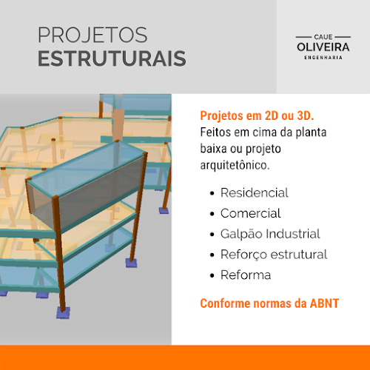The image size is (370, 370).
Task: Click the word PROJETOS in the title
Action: pyautogui.click(x=92, y=35)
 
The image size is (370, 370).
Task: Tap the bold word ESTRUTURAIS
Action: pyautogui.click(x=112, y=58)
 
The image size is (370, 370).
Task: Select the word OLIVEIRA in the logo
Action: pyautogui.click(x=323, y=47)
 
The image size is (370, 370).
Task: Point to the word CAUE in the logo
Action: pyautogui.click(x=323, y=37)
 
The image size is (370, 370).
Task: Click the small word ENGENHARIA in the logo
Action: pyautogui.click(x=323, y=58)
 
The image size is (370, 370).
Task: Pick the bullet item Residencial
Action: pyautogui.click(x=255, y=192)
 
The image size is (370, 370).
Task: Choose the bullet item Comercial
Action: pyautogui.click(x=251, y=213)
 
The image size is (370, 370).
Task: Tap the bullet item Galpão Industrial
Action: pyautogui.click(x=270, y=234)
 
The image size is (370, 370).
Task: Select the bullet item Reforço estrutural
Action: pyautogui.click(x=274, y=255)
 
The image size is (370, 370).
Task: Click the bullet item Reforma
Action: pyautogui.click(x=246, y=275)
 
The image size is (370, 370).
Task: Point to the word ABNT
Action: pyautogui.click(x=324, y=303)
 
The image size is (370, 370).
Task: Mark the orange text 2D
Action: pyautogui.click(x=272, y=115)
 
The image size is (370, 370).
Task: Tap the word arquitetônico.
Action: pyautogui.click(x=235, y=165)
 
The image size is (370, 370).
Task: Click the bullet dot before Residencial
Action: pyautogui.click(x=212, y=193)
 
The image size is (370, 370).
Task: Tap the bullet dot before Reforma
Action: pyautogui.click(x=212, y=275)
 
